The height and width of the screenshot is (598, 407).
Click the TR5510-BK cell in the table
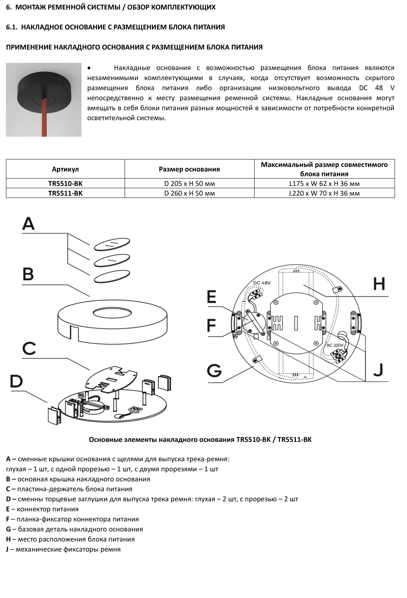tap(65, 184)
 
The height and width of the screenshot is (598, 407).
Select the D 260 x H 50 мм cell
tap(189, 193)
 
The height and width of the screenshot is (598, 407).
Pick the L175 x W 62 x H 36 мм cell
tap(324, 184)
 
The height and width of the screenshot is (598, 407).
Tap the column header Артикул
tap(65, 169)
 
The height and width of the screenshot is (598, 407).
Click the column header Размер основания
tap(189, 169)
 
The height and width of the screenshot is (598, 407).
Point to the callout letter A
tap(28, 224)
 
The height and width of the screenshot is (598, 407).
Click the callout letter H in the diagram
tap(379, 284)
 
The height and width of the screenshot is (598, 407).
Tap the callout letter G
tap(214, 371)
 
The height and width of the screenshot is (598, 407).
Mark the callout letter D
tap(16, 381)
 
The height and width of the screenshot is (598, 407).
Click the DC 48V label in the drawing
tap(262, 283)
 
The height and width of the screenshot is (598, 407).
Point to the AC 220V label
tap(335, 345)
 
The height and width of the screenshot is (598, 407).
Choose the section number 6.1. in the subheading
tap(12, 27)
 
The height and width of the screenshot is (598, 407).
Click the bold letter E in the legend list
tap(8, 509)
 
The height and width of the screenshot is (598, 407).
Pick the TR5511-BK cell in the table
tap(65, 193)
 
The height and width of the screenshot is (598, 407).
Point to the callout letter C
tap(29, 348)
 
